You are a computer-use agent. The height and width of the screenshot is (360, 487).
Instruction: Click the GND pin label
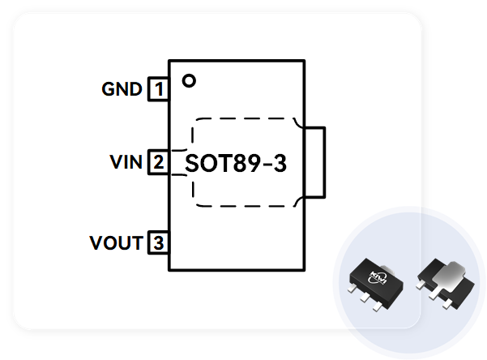122,88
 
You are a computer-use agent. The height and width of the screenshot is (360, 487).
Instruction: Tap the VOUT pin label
117,242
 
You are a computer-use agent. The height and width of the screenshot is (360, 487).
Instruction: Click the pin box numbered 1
158,88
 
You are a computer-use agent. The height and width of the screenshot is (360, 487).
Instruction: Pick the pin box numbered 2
158,162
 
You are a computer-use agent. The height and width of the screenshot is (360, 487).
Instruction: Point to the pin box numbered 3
158,242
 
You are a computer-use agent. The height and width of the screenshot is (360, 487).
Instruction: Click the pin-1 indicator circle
190,80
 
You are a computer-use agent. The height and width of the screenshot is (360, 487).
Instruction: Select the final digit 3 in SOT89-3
280,163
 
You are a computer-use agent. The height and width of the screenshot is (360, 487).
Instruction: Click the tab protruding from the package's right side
315,162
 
